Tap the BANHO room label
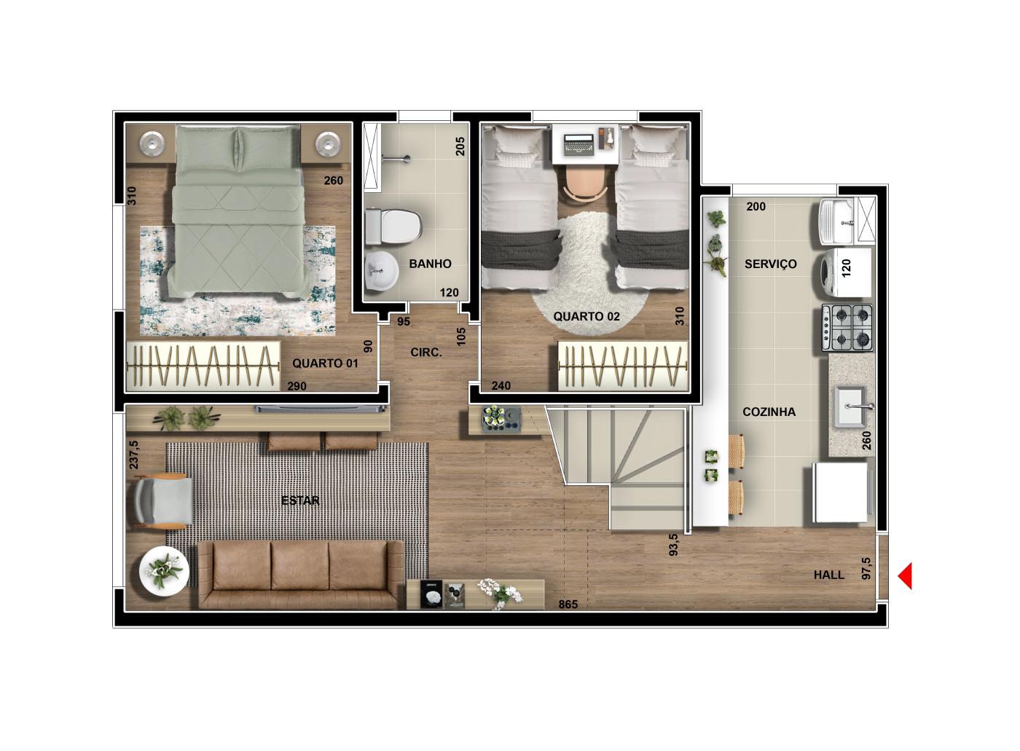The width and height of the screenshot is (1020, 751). (x=430, y=264)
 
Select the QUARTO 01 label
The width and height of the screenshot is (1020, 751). (x=325, y=363)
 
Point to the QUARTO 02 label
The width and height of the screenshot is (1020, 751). (x=586, y=316)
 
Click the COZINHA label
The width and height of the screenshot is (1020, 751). (x=769, y=412)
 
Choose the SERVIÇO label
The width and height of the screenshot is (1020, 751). (x=771, y=264)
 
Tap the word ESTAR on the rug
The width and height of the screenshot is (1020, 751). (x=300, y=500)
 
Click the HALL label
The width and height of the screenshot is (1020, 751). (x=829, y=575)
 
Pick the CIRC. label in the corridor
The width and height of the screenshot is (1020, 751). (x=426, y=353)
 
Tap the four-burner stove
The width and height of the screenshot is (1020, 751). (x=847, y=328)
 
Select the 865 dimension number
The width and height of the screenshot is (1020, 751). (x=568, y=605)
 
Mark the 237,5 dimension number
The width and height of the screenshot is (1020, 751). (x=134, y=455)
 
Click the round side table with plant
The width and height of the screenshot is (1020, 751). (x=164, y=572)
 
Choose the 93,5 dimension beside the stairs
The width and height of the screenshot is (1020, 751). (x=673, y=544)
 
